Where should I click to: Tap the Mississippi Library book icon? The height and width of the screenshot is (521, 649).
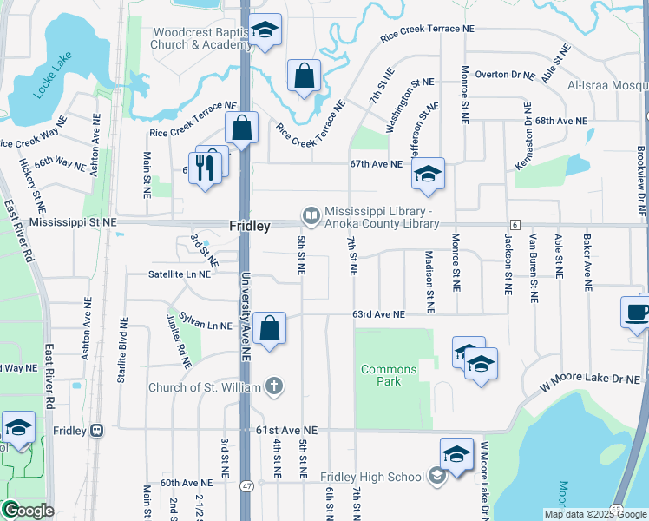tap(309, 214)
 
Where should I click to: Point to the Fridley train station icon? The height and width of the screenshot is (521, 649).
tap(97, 431)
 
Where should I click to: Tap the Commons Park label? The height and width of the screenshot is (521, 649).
tap(389, 375)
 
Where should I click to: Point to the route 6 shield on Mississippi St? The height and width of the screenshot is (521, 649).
tap(515, 225)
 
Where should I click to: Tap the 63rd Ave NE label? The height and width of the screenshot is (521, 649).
tap(378, 314)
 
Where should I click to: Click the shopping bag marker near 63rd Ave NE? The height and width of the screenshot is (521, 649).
tap(270, 329)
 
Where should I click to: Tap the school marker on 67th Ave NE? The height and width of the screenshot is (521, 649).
tap(428, 175)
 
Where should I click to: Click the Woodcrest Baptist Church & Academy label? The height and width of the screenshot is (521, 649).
tap(201, 38)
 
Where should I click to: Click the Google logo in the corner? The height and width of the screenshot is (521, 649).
tap(29, 510)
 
